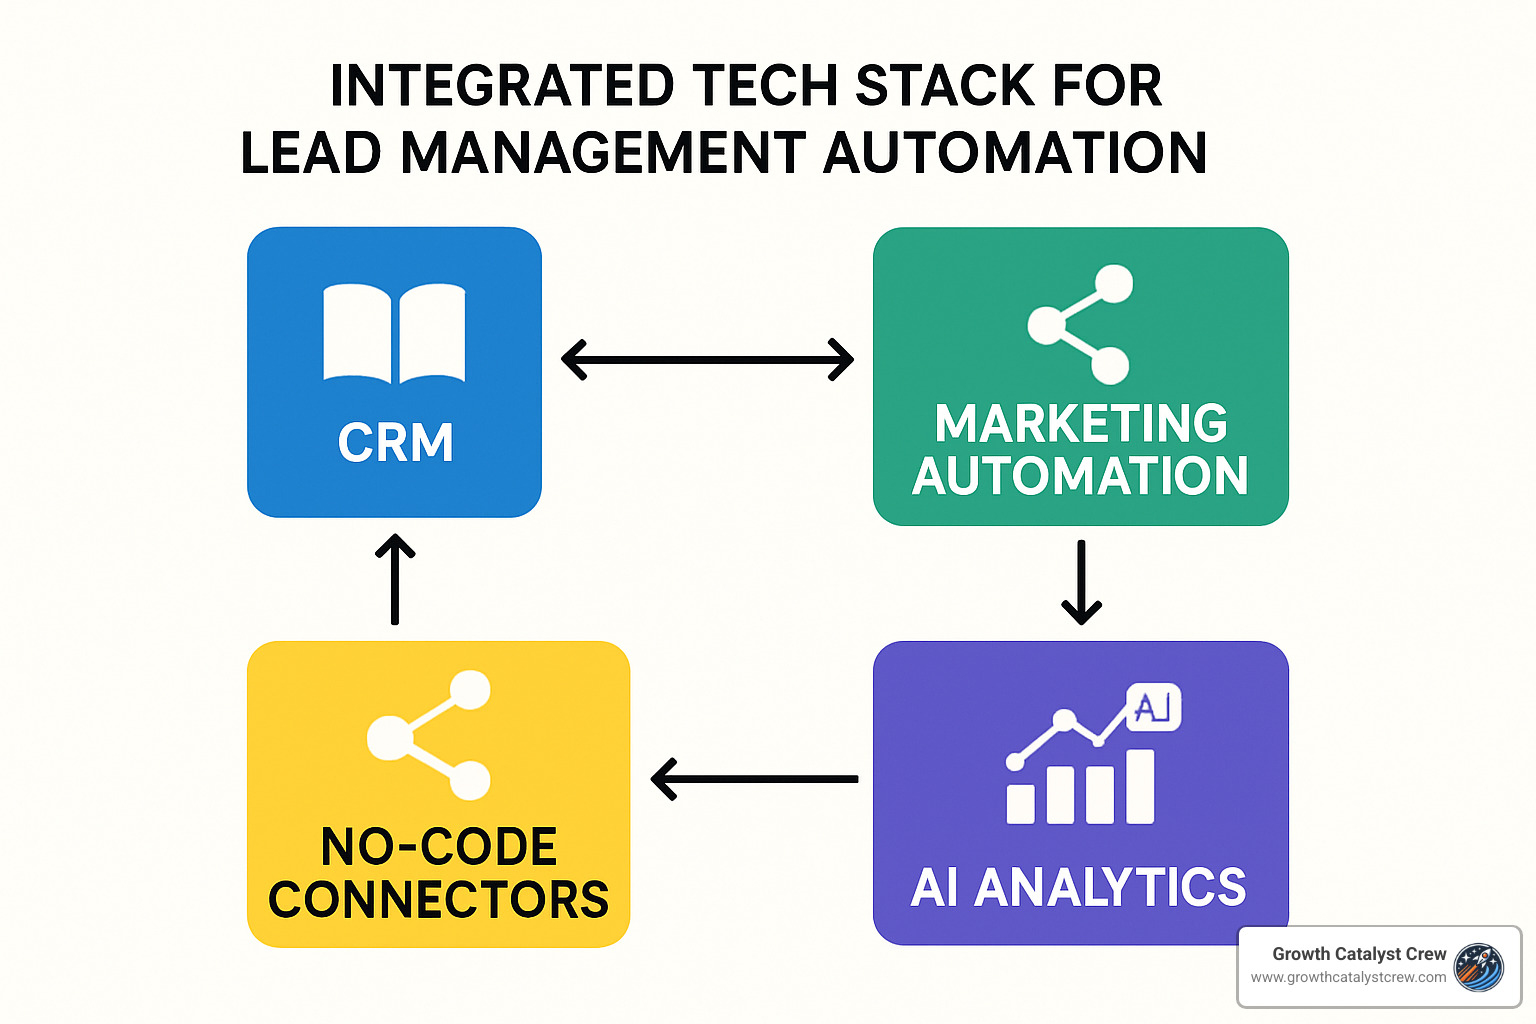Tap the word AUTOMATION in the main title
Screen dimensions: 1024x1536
pos(1015,153)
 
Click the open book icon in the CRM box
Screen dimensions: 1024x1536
pos(394,333)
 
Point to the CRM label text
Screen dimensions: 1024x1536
pos(396,443)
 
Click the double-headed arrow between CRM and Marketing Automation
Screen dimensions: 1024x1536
pos(707,359)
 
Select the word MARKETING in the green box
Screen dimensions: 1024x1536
pos(1081,424)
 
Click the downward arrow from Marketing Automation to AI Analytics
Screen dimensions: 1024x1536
pos(1081,583)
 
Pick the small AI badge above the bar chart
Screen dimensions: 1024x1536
pos(1153,708)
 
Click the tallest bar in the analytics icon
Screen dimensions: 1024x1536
pos(1140,786)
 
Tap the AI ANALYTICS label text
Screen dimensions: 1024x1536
pos(1079,887)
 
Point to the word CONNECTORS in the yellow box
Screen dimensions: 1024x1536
pos(438,900)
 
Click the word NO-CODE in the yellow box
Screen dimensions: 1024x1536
pos(438,848)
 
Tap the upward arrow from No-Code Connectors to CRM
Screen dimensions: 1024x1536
pos(395,579)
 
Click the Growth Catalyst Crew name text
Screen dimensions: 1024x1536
pos(1359,954)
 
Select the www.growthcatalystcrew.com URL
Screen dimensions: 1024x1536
pos(1348,977)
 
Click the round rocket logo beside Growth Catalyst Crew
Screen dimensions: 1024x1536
pos(1479,967)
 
